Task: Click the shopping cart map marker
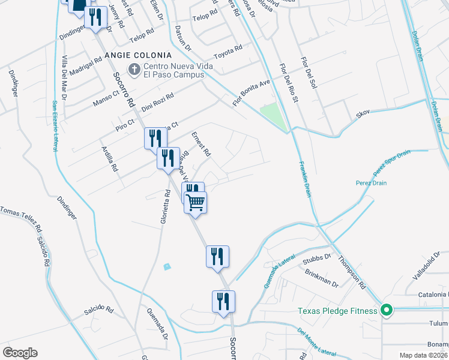click(x=196, y=202)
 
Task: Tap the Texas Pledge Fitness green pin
click(x=387, y=310)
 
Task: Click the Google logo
click(x=20, y=353)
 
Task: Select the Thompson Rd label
click(x=351, y=272)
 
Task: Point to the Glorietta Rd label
click(x=163, y=207)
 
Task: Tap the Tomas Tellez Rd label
click(x=21, y=220)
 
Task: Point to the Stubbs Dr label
click(x=318, y=259)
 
